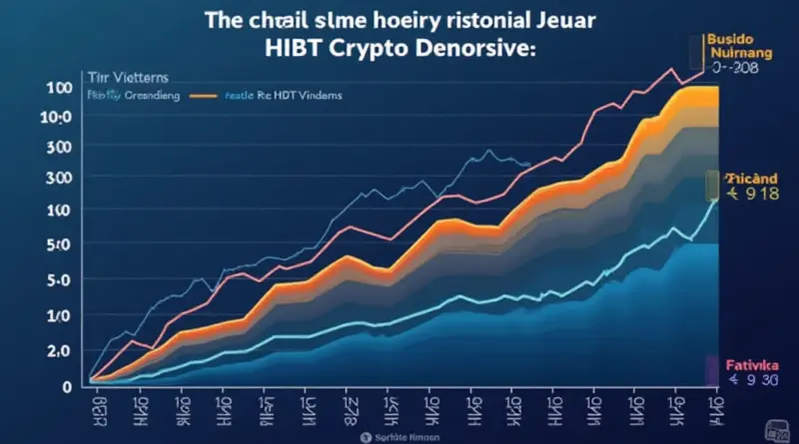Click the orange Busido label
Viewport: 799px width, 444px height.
point(735,32)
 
